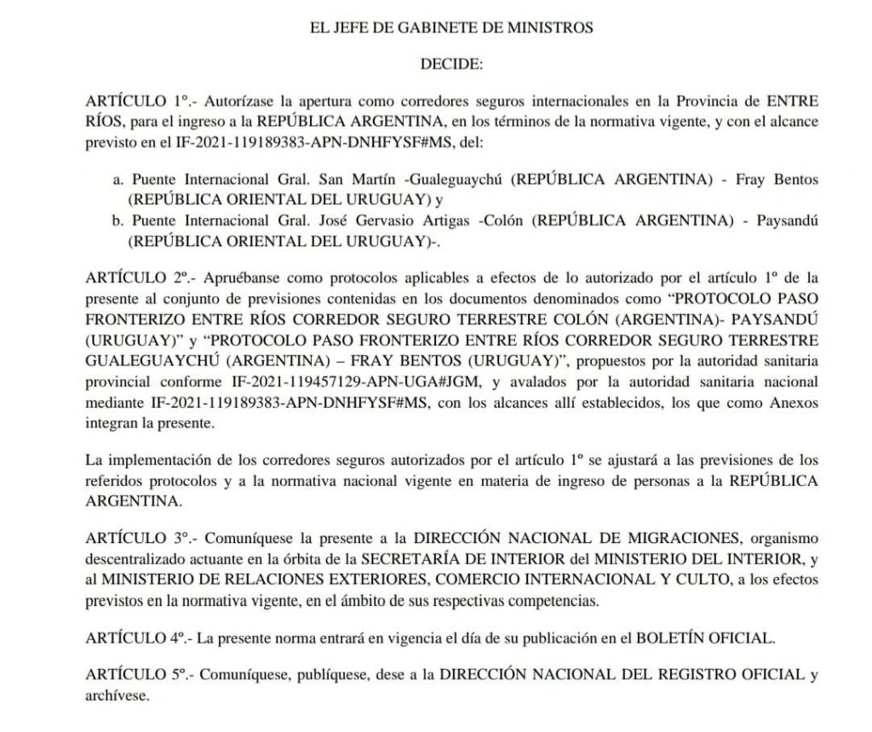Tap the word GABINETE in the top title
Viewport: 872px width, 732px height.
point(439,27)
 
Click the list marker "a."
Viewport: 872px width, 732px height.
point(119,180)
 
